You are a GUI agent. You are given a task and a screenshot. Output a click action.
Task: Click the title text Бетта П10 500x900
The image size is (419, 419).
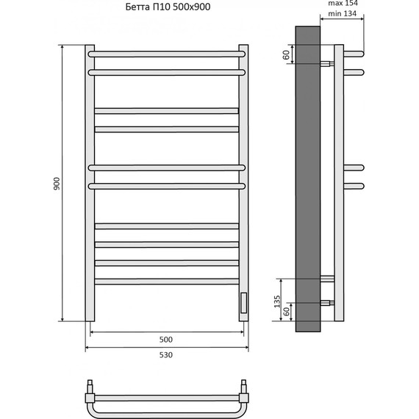(x=168, y=7)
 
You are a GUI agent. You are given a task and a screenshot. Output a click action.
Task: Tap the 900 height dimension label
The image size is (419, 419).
(x=57, y=183)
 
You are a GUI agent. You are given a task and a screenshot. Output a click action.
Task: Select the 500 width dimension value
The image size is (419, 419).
(x=166, y=340)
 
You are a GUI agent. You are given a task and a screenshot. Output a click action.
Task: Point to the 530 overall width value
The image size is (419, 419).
(x=166, y=355)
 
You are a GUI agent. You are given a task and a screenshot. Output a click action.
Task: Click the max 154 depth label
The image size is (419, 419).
(x=343, y=3)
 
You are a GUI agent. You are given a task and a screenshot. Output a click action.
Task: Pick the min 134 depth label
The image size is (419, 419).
(x=343, y=13)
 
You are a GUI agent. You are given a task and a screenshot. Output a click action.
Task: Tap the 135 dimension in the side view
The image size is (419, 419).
(x=277, y=301)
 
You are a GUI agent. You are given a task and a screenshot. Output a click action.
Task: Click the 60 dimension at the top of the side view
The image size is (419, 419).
(x=286, y=55)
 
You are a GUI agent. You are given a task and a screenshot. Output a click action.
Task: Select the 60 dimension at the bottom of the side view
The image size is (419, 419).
(x=286, y=312)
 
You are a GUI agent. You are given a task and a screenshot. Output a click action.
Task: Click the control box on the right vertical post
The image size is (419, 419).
(x=243, y=303)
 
